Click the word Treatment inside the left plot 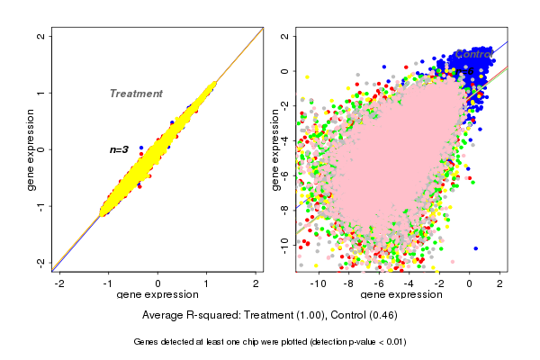pos(136,94)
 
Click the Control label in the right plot pos(472,55)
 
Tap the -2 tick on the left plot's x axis pos(60,283)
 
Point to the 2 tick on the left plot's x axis pos(256,283)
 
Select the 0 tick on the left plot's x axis pos(158,283)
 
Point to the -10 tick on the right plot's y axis pos(283,242)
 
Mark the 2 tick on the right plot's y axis pos(283,37)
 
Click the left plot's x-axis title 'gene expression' pos(157,295)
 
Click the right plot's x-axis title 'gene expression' pos(400,295)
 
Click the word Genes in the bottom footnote pos(148,342)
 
